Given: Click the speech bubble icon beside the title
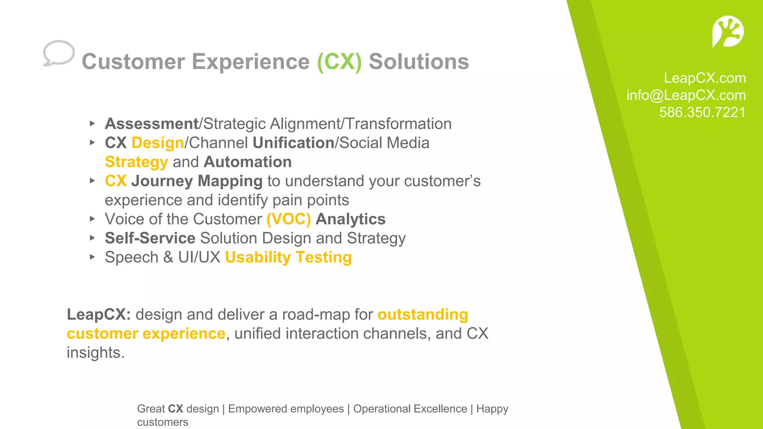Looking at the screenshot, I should (x=58, y=53).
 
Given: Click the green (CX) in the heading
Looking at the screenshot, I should (x=339, y=61).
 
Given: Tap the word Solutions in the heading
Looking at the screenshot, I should (x=419, y=61).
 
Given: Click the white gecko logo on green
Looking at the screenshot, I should (x=728, y=32).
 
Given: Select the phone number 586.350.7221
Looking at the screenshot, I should (x=702, y=112).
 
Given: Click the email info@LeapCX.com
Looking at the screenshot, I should (x=686, y=95).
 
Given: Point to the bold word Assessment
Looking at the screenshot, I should (x=152, y=124).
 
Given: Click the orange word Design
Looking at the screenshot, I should (x=158, y=143).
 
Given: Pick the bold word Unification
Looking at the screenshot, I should (x=293, y=143).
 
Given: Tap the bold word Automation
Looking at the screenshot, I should (x=247, y=162).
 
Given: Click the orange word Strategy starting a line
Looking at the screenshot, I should (x=136, y=162).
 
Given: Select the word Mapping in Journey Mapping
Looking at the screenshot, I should (x=230, y=181).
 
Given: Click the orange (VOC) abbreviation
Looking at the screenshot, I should (x=288, y=219).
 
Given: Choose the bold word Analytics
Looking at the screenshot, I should (x=350, y=219).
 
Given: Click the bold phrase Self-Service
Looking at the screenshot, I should (x=150, y=238).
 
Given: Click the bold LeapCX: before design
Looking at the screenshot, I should (x=99, y=315).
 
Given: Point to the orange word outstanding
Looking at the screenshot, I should (x=422, y=315).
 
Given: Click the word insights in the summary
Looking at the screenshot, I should (x=95, y=353).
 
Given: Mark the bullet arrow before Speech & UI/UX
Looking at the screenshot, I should (x=92, y=257).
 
